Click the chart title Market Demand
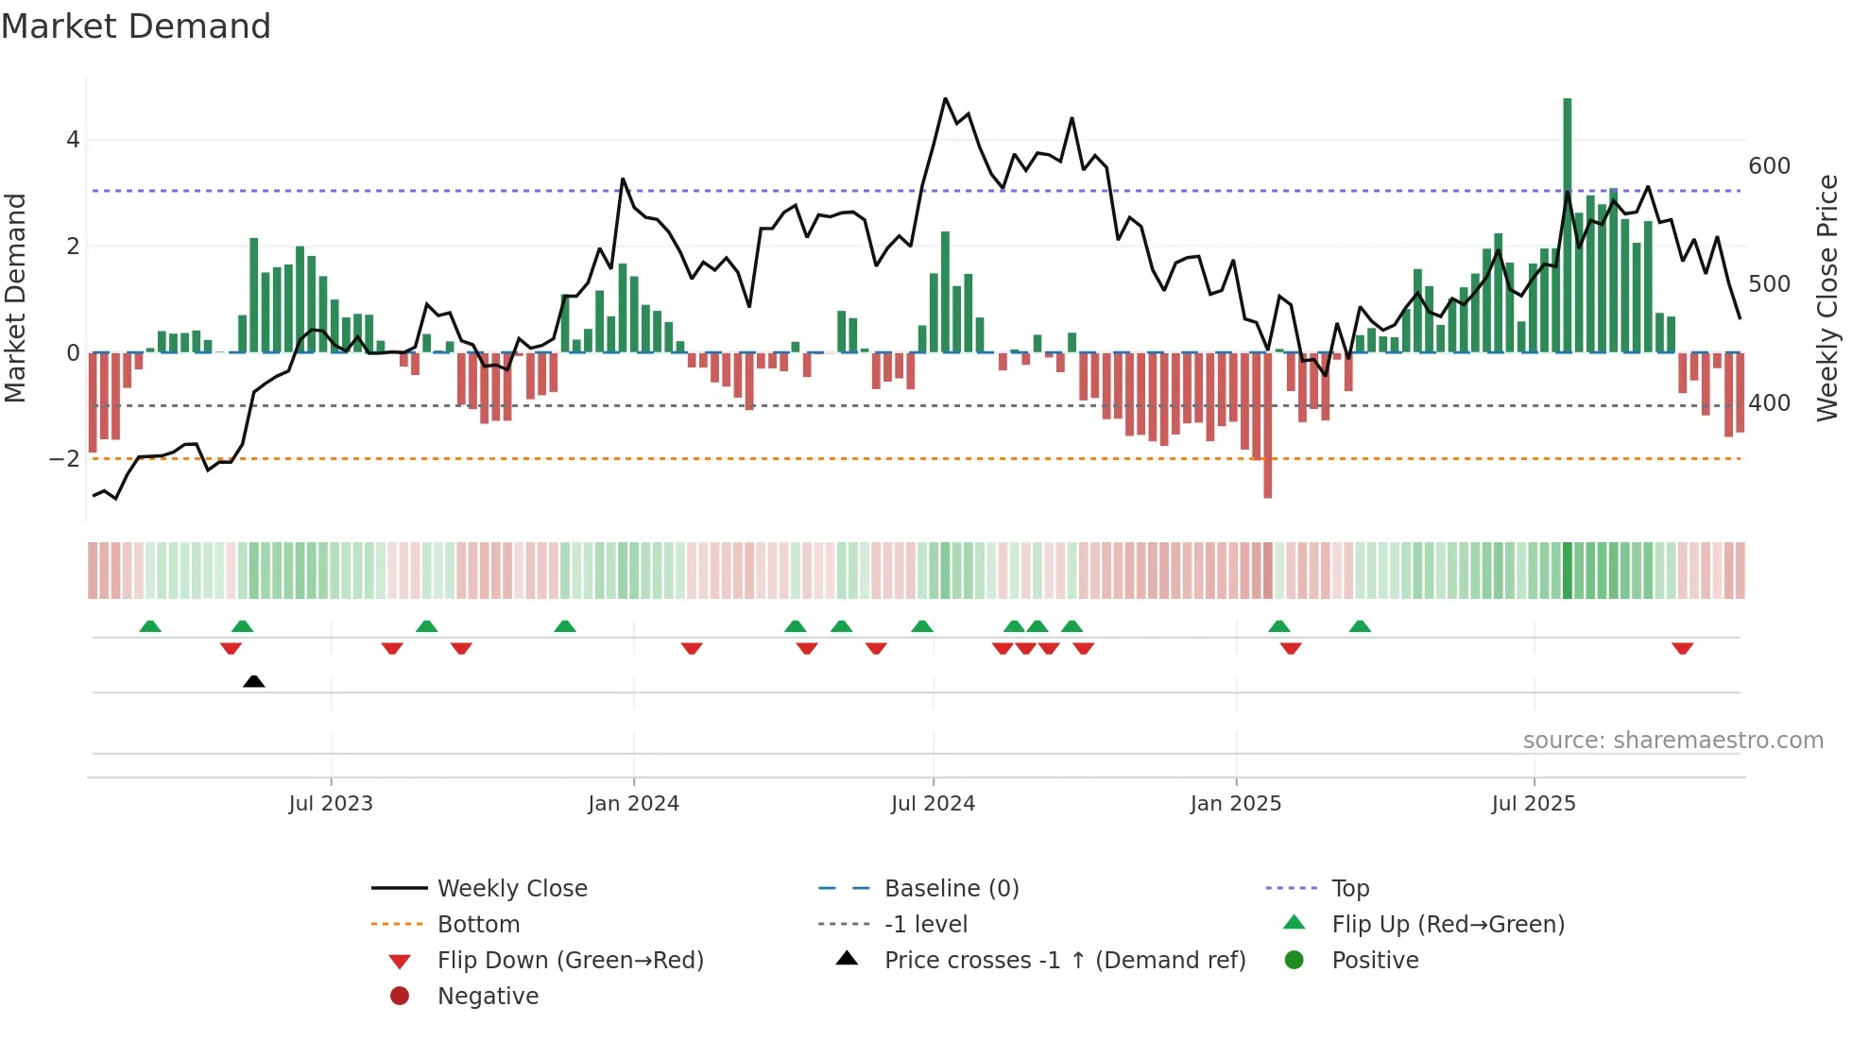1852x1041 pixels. [x=136, y=26]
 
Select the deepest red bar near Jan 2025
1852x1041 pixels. [x=1267, y=425]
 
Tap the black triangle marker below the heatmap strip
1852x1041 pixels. [x=253, y=681]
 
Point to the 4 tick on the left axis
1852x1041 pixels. [x=73, y=140]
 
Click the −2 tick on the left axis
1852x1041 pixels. [x=65, y=459]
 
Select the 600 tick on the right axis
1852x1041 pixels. [x=1769, y=166]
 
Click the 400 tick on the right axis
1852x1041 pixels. [x=1769, y=403]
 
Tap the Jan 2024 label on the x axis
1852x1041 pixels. [x=633, y=804]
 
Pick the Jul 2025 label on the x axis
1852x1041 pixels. [x=1534, y=804]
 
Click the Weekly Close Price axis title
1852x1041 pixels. [x=1827, y=298]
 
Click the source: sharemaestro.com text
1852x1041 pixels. [x=1672, y=741]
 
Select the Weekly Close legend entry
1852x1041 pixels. [x=511, y=889]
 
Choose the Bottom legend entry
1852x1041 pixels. [x=478, y=925]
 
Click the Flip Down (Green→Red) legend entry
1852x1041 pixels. [x=570, y=961]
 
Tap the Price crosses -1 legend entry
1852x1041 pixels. [x=1064, y=961]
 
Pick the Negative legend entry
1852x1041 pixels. [x=488, y=997]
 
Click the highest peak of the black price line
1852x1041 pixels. [x=945, y=98]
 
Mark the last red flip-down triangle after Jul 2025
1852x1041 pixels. [x=1682, y=648]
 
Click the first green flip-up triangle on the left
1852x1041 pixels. [x=150, y=626]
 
